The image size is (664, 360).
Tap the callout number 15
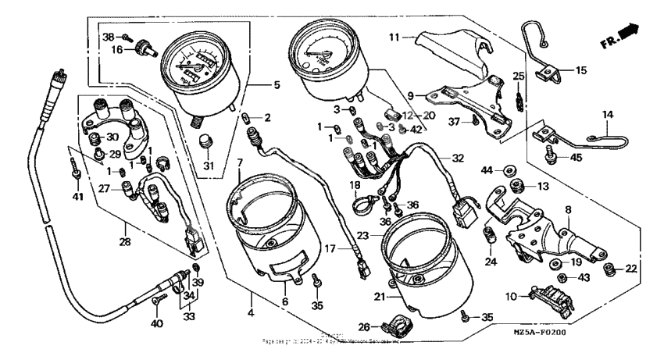580,71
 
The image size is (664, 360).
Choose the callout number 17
331,248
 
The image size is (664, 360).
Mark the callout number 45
577,158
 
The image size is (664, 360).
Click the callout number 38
108,37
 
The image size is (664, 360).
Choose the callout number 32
458,158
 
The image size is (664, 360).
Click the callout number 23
363,233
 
